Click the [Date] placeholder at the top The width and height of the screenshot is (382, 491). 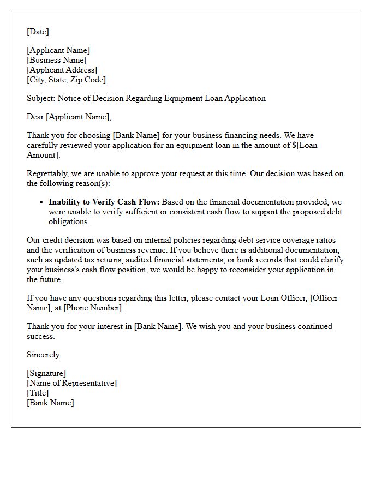coord(38,32)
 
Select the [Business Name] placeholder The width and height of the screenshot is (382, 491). coord(57,60)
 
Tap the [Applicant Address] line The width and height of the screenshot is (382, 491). coord(62,70)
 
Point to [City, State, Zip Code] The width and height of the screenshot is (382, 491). coord(66,80)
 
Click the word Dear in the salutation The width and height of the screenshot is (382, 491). coord(35,116)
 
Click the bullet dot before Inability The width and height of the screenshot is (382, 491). coord(41,202)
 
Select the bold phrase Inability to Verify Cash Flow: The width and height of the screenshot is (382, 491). coord(104,202)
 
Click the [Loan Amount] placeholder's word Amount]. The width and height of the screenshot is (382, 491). coord(42,155)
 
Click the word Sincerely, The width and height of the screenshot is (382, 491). coord(44,355)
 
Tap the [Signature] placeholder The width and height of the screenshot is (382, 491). coord(46,373)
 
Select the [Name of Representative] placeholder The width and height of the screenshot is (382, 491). coord(71,383)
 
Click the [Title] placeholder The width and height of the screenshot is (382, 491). coord(38,393)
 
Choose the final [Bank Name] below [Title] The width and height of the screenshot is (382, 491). coord(50,403)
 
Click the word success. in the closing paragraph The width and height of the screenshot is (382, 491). coord(40,336)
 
